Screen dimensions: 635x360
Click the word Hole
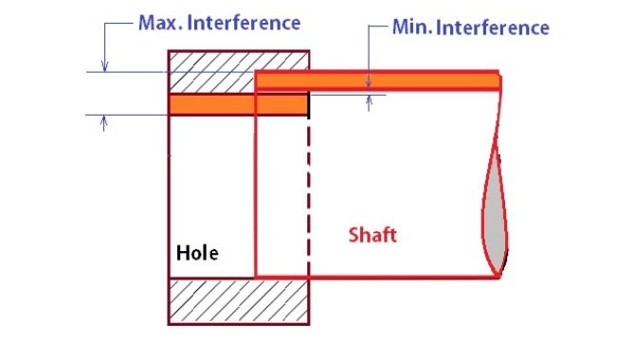(197, 253)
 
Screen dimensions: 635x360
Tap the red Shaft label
(372, 235)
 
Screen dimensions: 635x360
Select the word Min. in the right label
(413, 27)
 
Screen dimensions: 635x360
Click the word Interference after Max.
(244, 23)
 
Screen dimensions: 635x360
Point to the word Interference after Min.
(493, 27)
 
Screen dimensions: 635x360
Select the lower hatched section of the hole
(239, 301)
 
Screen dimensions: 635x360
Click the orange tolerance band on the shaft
(377, 81)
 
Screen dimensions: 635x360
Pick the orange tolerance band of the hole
(238, 105)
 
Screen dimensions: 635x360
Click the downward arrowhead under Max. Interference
(105, 66)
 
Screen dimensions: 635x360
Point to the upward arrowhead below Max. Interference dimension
(104, 120)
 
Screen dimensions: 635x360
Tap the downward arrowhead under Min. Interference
(369, 83)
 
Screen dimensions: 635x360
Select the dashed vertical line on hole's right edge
(309, 198)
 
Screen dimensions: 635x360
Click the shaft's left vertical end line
(256, 174)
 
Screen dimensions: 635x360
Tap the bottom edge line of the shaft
(377, 277)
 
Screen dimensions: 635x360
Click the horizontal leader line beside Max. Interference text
(118, 24)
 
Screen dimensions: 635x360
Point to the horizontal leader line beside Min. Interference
(378, 26)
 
